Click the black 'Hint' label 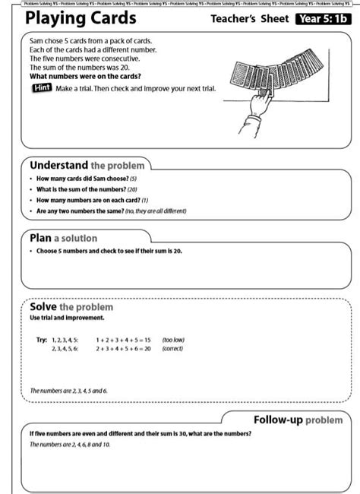(x=40, y=89)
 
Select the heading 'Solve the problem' (x=71, y=307)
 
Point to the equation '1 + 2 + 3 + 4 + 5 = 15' (x=123, y=340)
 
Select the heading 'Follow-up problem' (x=297, y=420)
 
